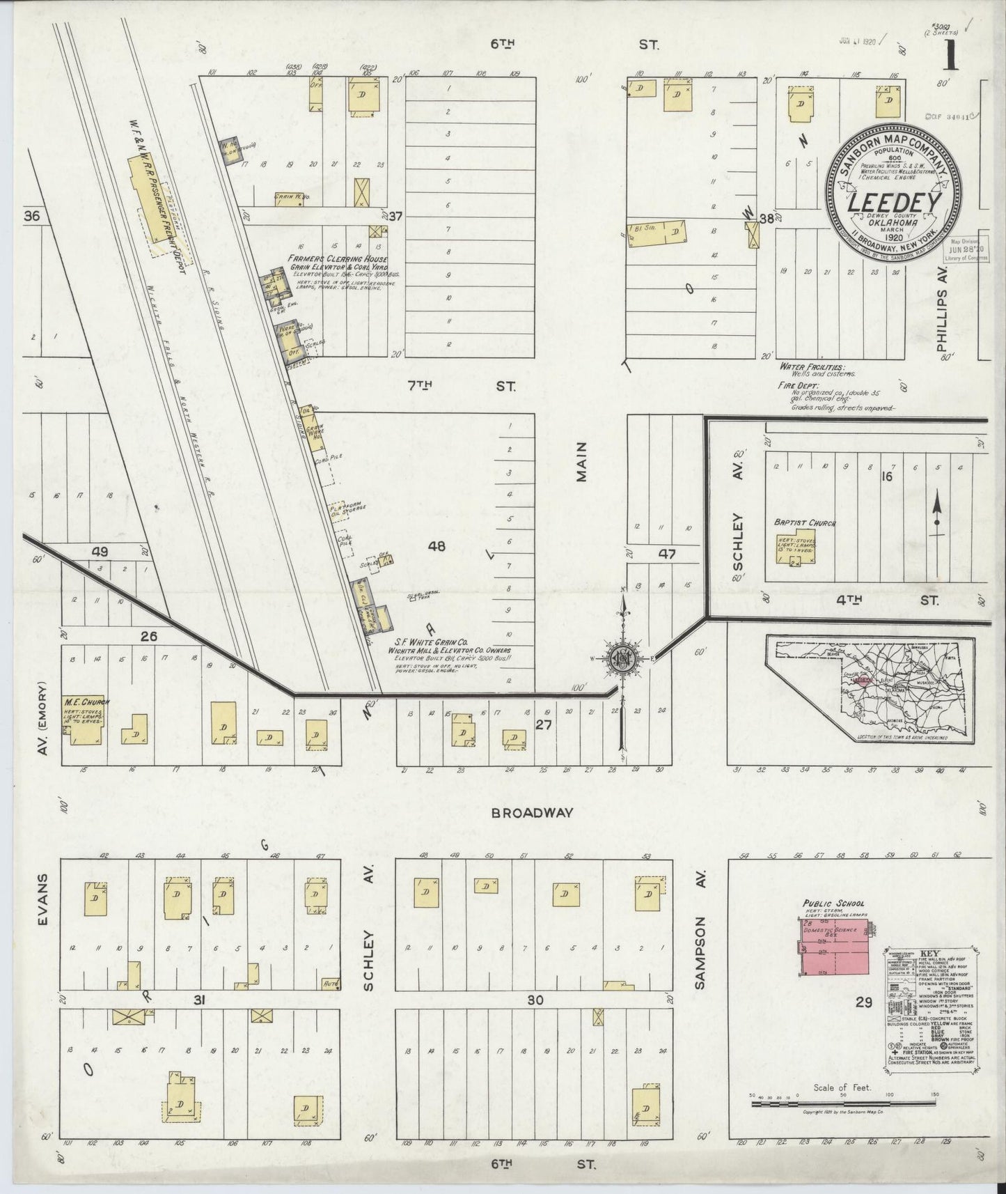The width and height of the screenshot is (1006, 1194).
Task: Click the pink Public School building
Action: pyautogui.click(x=835, y=947)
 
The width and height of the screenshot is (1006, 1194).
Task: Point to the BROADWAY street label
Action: pyautogui.click(x=532, y=812)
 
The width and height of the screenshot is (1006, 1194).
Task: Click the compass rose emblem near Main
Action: pyautogui.click(x=621, y=658)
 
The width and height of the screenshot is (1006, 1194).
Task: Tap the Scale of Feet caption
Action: pyautogui.click(x=842, y=1107)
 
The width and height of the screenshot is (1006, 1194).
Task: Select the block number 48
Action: pyautogui.click(x=437, y=547)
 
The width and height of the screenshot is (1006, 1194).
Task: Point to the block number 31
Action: pyautogui.click(x=199, y=1000)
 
